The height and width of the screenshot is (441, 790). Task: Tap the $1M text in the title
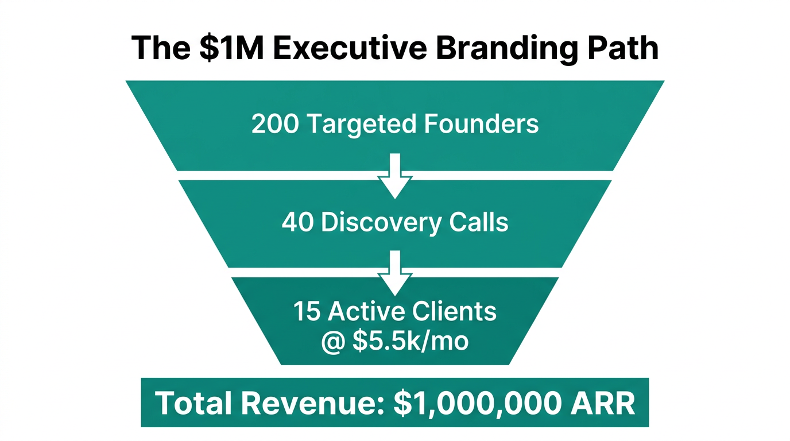(231, 48)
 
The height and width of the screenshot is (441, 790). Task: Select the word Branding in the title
(503, 48)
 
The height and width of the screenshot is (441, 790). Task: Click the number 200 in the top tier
(275, 124)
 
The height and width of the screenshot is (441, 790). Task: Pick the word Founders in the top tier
(482, 124)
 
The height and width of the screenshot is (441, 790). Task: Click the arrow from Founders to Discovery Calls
(395, 175)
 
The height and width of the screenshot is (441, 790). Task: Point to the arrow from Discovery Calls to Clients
(395, 273)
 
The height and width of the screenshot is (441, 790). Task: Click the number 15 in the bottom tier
(307, 312)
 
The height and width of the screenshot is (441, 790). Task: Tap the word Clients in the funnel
(455, 312)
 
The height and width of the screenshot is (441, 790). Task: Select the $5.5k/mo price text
(411, 341)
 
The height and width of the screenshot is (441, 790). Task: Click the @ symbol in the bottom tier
(334, 341)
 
